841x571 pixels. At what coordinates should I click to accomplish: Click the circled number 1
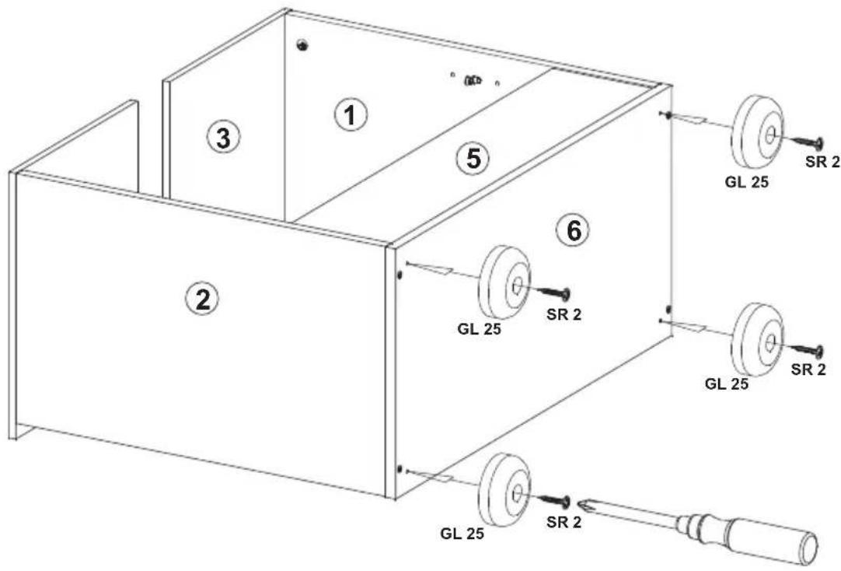coord(351,115)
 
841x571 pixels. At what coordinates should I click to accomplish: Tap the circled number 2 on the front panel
coord(202,299)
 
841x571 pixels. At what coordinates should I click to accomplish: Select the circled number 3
coord(223,138)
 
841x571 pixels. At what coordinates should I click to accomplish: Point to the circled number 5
coord(473,159)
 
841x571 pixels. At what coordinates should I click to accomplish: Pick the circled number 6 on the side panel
coord(573,231)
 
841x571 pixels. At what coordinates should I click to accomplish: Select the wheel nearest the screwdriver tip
coord(504,489)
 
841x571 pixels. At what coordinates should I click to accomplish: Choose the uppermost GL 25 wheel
coord(757,132)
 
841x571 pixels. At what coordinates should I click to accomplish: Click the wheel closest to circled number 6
coord(504,283)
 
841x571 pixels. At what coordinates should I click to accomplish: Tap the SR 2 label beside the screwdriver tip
coord(564,522)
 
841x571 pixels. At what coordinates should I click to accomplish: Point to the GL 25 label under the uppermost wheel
coord(747,182)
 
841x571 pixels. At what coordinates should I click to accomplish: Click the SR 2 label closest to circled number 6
coord(564,314)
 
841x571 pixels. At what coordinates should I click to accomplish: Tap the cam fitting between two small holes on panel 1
coord(473,81)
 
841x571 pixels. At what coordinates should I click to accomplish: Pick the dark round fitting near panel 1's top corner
coord(304,46)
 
